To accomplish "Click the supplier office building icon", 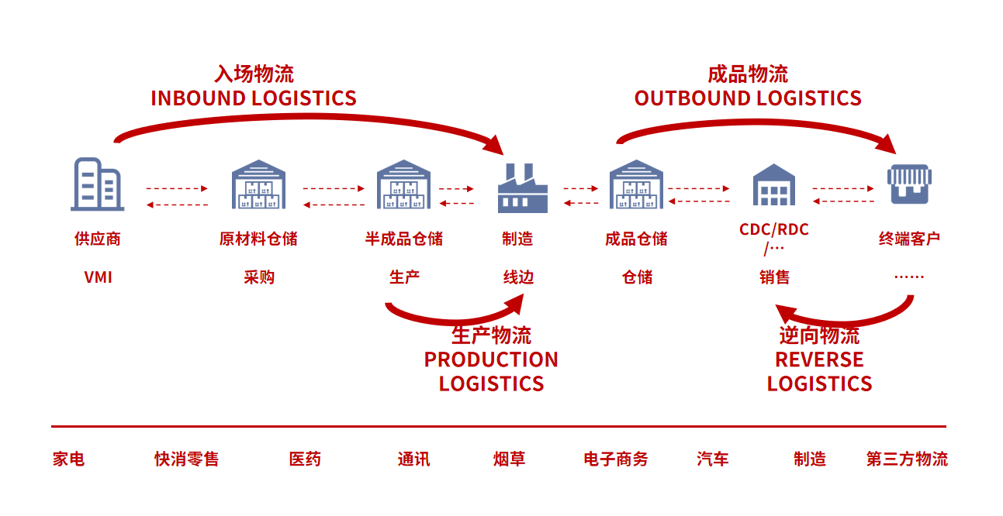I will [x=98, y=184].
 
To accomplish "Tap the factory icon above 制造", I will [x=522, y=188].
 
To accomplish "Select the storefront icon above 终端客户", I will [x=910, y=184].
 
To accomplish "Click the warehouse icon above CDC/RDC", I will [x=773, y=185].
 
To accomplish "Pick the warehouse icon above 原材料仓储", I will [x=259, y=184].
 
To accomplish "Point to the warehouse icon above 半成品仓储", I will [x=403, y=184].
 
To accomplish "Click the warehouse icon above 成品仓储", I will [x=636, y=184].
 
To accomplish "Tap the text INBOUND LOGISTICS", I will [x=254, y=98].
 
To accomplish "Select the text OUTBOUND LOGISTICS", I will [x=748, y=98].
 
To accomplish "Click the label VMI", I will [x=99, y=277].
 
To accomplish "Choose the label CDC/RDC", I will [x=773, y=230].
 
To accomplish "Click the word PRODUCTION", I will [x=491, y=359].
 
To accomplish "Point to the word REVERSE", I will [x=819, y=359].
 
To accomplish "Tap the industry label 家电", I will [x=68, y=459].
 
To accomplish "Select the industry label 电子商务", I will [x=616, y=459].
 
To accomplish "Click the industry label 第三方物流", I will [x=907, y=459].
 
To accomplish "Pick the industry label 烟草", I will [x=510, y=459].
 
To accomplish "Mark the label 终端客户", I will [x=909, y=239].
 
